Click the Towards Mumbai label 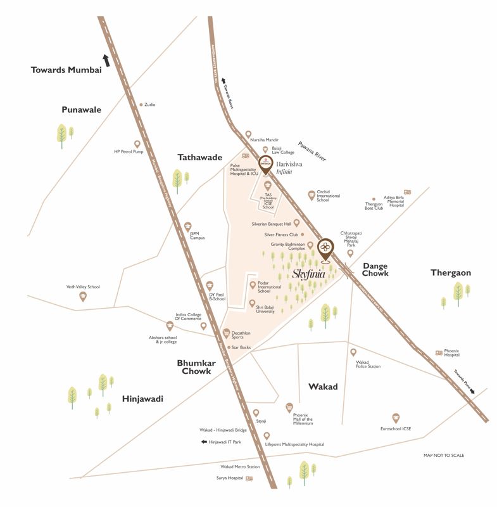click(66, 70)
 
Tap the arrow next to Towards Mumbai click(106, 60)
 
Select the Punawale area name click(81, 110)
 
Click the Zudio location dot click(141, 105)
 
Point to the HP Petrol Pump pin click(137, 144)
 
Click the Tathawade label click(199, 157)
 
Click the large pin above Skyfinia click(325, 248)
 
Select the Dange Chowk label click(375, 269)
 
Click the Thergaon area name click(451, 273)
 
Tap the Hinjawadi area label click(142, 399)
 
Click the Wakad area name click(323, 386)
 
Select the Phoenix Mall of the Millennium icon click(289, 407)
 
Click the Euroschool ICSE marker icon click(396, 418)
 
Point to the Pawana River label click(312, 152)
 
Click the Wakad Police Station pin click(353, 352)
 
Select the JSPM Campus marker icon click(187, 226)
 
